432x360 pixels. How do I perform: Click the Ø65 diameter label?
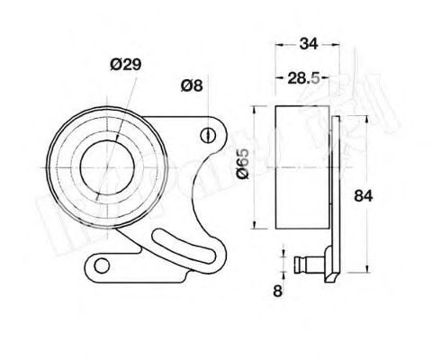click(242, 167)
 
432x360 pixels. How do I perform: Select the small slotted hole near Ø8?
click(208, 137)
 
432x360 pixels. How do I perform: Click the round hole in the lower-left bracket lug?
click(102, 265)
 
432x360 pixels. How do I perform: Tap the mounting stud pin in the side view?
click(310, 265)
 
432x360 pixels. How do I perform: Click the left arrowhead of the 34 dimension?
click(274, 42)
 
